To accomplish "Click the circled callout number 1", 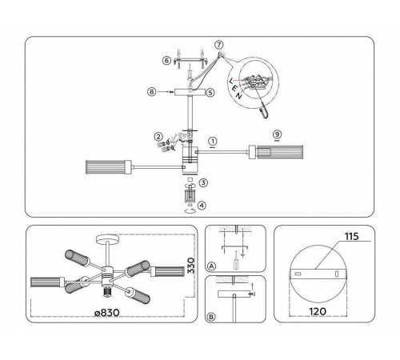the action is coord(213,141).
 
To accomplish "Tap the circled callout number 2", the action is coord(158,137).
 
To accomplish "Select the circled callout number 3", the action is coord(203,182).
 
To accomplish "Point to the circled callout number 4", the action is coord(202,206).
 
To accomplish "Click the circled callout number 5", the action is coord(210,93).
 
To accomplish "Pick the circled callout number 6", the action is coord(166,60).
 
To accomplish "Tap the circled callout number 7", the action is coord(219,44).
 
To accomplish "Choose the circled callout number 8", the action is coord(151,92).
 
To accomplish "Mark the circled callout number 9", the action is coord(278,134).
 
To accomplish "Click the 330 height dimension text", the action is coord(190,266).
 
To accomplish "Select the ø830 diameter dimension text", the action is coord(107,312).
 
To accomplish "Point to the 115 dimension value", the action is coord(352,236).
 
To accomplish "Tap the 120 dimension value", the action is coord(318,311).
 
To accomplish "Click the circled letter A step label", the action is coord(211,266).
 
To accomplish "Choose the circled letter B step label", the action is coord(211,317).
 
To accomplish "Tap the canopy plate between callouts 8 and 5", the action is coord(190,93).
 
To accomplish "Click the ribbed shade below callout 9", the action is coord(276,152).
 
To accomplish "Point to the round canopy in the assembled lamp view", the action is coord(107,238).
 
